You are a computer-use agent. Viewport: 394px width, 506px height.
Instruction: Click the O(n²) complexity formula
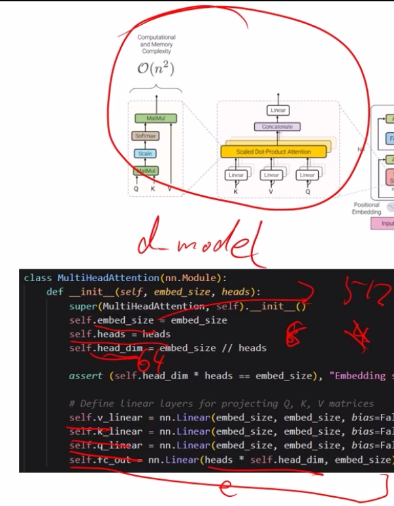156,69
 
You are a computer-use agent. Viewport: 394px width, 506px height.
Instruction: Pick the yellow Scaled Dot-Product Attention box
273,152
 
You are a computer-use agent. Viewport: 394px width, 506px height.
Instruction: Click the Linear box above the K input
236,175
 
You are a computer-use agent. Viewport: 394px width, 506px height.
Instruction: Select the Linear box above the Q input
308,175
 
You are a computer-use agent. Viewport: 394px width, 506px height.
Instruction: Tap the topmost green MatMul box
156,118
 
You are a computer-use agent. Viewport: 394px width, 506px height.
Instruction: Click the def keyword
54,292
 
